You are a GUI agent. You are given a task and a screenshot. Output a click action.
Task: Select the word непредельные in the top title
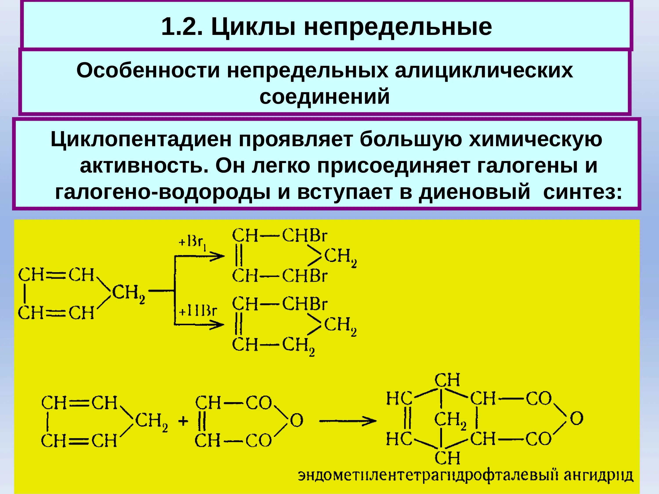398,27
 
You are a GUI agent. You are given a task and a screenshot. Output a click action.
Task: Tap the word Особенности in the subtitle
148,71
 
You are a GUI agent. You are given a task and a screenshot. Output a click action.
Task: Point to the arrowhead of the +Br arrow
219,256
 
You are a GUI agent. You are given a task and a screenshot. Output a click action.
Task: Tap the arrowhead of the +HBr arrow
219,325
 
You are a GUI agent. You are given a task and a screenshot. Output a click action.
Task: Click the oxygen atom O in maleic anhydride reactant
296,421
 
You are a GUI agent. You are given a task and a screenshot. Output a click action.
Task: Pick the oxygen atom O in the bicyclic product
576,418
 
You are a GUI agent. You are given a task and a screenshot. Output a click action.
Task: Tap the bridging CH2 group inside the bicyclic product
450,420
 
